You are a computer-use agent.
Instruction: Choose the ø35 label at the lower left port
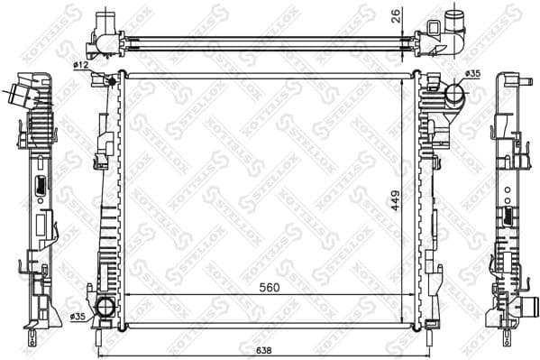78,315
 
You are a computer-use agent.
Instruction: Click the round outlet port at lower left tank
106,308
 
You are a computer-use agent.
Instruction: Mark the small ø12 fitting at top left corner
112,82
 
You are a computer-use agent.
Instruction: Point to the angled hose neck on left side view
18,93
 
